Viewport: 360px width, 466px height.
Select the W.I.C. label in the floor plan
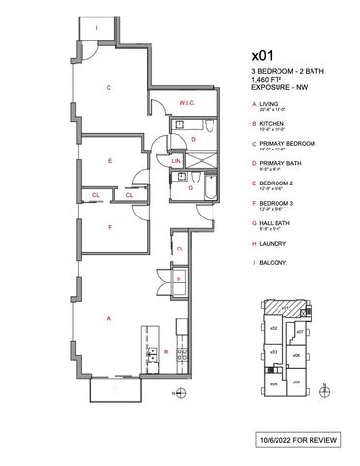tap(188, 103)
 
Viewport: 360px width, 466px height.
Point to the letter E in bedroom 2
tap(110, 161)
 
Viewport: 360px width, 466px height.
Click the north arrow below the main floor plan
tap(176, 393)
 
